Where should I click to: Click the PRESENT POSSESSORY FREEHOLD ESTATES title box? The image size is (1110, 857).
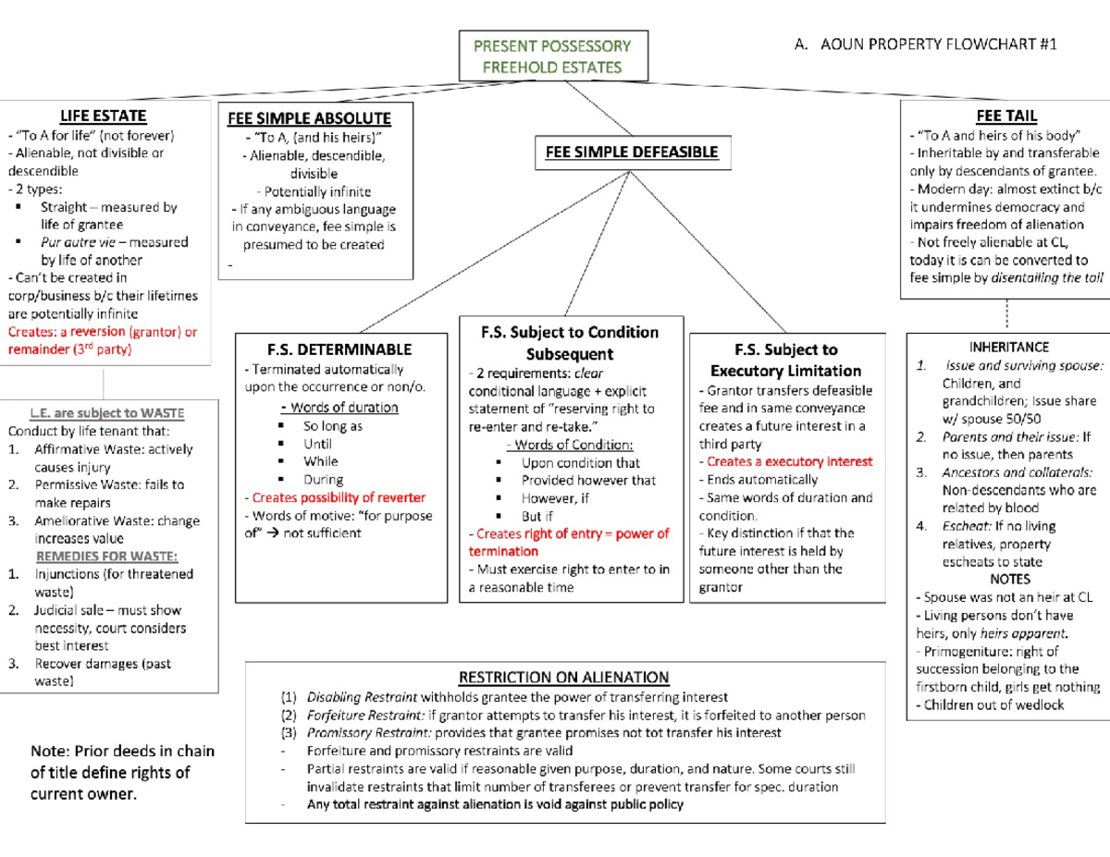coord(551,56)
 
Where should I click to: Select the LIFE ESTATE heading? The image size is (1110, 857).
coord(103,116)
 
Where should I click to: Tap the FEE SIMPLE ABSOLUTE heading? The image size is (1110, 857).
coord(309,119)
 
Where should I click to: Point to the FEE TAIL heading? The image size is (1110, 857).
coord(1005,116)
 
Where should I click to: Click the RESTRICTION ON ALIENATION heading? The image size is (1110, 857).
coord(564,678)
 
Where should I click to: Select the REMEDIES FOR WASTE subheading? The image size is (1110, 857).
coord(107,556)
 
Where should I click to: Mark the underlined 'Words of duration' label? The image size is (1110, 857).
coord(339,408)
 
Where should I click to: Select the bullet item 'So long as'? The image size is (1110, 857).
coord(332,426)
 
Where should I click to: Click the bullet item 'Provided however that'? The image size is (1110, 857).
coord(588,481)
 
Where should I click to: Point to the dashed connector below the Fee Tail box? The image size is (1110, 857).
coord(1005,314)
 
